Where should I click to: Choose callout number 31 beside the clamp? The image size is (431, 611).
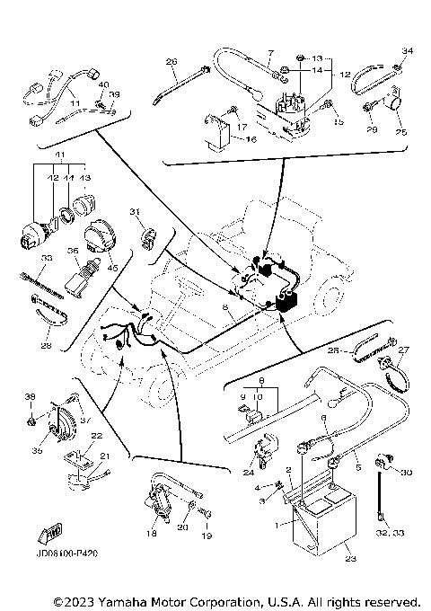coord(136,211)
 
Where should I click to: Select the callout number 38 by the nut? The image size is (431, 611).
coord(29,396)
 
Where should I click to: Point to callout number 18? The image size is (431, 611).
coord(151,533)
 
